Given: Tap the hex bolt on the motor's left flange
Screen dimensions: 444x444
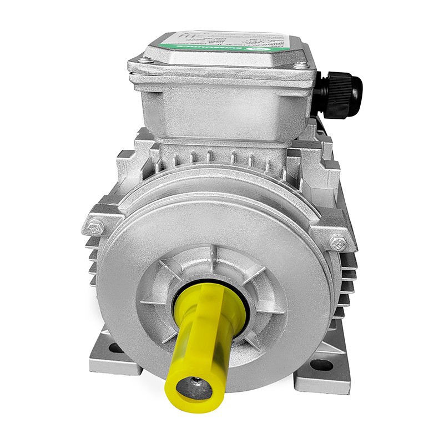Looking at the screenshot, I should click(95, 227).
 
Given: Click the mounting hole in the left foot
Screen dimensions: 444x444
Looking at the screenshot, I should click(115, 349).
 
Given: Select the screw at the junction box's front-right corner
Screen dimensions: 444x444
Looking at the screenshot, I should click(301, 65).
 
